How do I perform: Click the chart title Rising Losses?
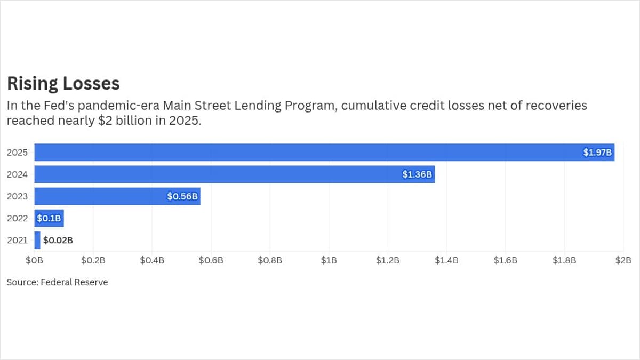coord(63,84)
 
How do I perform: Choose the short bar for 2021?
coord(37,240)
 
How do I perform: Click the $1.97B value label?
coord(598,153)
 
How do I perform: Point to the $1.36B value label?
coord(417,174)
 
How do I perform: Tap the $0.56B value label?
coord(182,196)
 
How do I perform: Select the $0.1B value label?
coord(49,218)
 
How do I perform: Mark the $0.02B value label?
coord(58,240)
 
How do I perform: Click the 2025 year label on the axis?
coord(17,153)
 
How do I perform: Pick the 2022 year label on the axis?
coord(17,218)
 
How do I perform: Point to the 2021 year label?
coord(17,240)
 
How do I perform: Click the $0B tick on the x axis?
coord(35,260)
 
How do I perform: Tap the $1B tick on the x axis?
coord(329,260)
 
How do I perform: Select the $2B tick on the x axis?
coord(623,260)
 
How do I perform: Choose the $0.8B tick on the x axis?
coord(270,260)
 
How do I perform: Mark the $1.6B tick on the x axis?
coord(505,260)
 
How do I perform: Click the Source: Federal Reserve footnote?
coord(57,282)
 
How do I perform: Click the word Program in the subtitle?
coord(311,106)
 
